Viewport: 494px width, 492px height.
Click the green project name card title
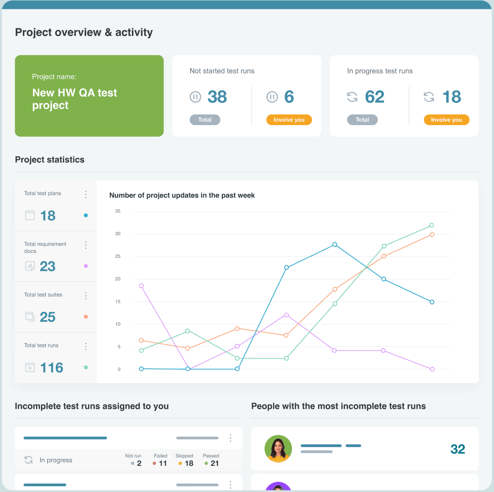coord(74,99)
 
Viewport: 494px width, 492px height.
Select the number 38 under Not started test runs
coord(217,97)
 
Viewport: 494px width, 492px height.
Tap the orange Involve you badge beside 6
coord(289,120)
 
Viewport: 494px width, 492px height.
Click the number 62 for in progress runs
coord(375,97)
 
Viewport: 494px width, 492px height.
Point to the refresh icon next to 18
coord(429,97)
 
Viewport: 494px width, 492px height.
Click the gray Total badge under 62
coord(362,120)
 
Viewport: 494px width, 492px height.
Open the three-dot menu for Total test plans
coord(86,195)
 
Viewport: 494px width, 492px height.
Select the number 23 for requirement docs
coord(48,266)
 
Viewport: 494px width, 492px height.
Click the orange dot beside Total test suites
coord(86,317)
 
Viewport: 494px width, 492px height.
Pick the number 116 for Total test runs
coord(52,368)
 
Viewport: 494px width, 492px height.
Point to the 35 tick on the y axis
coord(118,211)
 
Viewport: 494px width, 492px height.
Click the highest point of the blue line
coord(335,244)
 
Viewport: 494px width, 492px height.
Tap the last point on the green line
coord(432,225)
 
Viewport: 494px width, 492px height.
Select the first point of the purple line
coord(142,286)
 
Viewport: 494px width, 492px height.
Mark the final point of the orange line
coord(432,235)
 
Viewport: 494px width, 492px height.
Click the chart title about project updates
coord(182,195)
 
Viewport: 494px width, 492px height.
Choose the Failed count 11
coord(163,464)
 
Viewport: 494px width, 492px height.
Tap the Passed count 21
coord(214,464)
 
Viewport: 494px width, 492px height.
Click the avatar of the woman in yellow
coord(278,449)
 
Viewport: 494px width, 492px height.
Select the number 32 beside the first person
coord(457,449)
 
